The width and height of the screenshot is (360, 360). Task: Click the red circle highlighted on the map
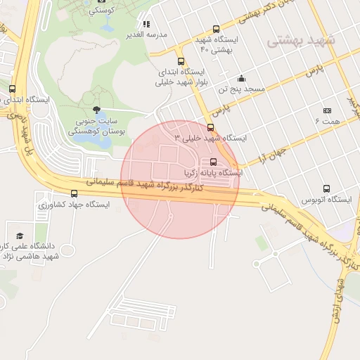(180, 179)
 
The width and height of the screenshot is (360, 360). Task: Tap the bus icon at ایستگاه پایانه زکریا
(213, 160)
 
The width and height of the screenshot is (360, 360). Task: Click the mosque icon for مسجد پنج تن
(241, 78)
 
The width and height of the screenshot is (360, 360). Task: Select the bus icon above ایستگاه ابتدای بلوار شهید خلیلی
(181, 61)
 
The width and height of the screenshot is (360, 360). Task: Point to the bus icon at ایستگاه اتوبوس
(326, 188)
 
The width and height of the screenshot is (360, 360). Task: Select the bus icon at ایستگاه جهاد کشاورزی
(74, 193)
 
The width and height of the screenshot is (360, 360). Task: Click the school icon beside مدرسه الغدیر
(146, 25)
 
